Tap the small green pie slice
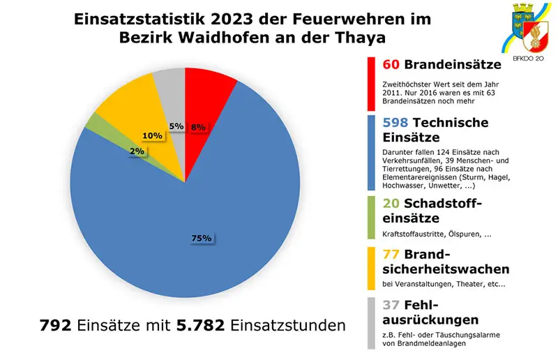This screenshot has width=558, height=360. pyautogui.click(x=93, y=124)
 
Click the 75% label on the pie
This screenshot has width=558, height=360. pyautogui.click(x=202, y=239)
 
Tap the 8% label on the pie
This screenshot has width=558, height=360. pyautogui.click(x=197, y=127)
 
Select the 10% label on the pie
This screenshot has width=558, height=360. pyautogui.click(x=151, y=135)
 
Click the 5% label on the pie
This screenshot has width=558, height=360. pyautogui.click(x=176, y=126)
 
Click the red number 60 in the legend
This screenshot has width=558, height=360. pyautogui.click(x=391, y=65)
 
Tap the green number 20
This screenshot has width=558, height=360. pyautogui.click(x=391, y=203)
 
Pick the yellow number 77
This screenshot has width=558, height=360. pyautogui.click(x=391, y=254)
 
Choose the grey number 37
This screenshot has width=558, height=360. pyautogui.click(x=391, y=305)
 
